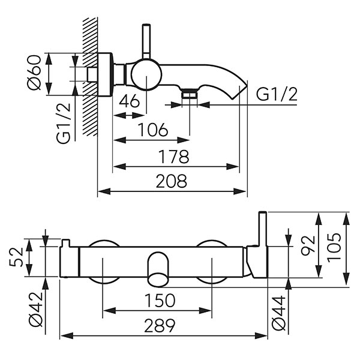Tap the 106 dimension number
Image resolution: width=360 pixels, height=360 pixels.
[152, 129]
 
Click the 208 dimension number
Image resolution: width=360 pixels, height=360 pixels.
[172, 181]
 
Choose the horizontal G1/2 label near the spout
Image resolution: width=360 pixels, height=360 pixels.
[277, 94]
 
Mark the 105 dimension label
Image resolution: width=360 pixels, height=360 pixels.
[334, 245]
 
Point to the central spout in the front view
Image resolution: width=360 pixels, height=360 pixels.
[158, 268]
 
